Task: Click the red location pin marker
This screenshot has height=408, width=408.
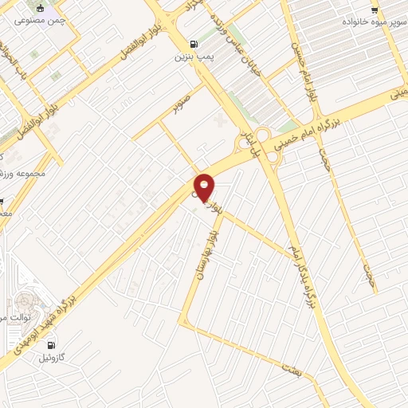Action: click(205, 186)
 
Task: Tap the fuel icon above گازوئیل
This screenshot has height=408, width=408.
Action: click(52, 345)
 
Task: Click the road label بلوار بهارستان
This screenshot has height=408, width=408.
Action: click(204, 247)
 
